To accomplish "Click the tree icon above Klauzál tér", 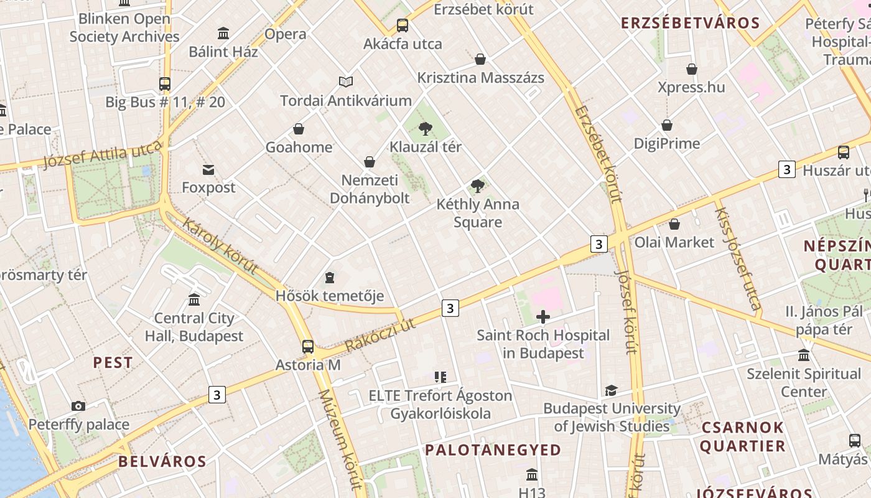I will click(426, 129).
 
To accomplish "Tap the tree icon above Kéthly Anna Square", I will click(478, 186).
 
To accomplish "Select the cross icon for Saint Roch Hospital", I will click(543, 317).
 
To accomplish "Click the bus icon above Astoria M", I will click(308, 347).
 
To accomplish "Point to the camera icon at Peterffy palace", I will click(78, 406).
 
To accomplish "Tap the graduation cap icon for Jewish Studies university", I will click(611, 390).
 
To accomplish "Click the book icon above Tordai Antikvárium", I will click(346, 82).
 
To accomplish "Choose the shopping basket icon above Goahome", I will click(299, 129).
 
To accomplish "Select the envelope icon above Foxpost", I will click(208, 169).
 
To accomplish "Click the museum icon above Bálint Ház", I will click(223, 33).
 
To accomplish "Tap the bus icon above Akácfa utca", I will click(403, 26).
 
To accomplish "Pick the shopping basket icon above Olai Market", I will click(674, 224).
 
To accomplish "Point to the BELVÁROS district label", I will click(162, 461).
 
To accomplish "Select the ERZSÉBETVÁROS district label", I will click(691, 24).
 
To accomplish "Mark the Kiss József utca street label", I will click(738, 258).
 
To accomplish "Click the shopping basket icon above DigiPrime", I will click(667, 125).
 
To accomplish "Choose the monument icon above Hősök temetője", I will click(330, 277).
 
